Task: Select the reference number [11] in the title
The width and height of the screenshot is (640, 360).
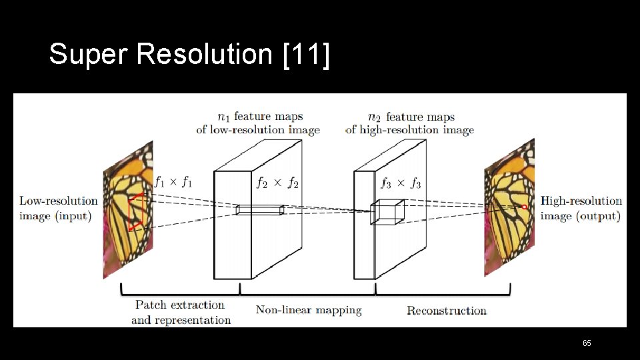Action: [306, 55]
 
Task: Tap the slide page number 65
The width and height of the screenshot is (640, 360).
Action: [587, 343]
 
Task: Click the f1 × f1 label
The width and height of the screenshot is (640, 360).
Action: [173, 181]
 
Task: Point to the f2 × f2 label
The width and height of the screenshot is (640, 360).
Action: [277, 182]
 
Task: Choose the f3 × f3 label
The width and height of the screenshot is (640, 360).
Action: [401, 182]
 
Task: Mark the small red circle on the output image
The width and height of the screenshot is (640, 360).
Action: [525, 207]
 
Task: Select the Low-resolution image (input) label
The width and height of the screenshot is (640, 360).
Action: [58, 208]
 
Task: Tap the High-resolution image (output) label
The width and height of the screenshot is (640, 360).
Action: [581, 208]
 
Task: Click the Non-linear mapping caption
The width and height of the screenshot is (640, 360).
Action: [309, 310]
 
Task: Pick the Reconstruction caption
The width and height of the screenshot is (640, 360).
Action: [447, 311]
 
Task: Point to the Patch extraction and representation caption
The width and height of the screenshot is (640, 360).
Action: [181, 312]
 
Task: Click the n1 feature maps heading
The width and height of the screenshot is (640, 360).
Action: [258, 123]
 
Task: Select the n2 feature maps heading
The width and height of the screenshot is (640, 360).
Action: [409, 123]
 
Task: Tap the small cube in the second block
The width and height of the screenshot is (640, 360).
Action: [387, 211]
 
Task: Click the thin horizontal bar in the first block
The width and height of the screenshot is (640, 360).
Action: [260, 210]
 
